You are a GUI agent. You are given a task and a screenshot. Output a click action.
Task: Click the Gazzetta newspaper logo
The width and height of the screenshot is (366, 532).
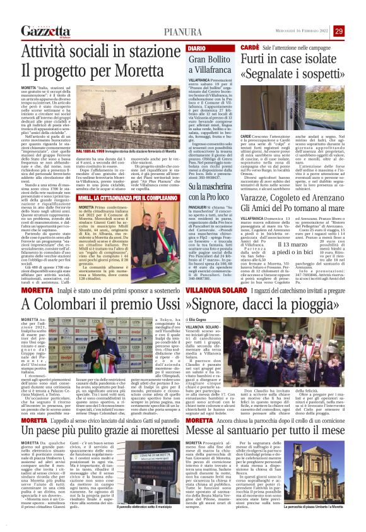coord(45,31)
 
